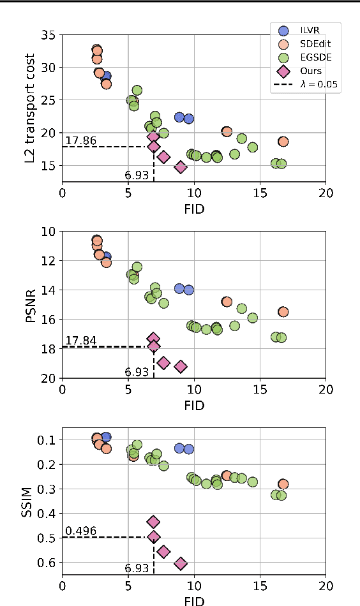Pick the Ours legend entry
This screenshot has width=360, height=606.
pyautogui.click(x=310, y=71)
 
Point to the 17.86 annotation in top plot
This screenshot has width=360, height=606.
pyautogui.click(x=80, y=140)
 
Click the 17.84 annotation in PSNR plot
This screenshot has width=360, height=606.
pyautogui.click(x=80, y=341)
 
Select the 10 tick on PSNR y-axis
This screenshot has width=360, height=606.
pyautogui.click(x=49, y=232)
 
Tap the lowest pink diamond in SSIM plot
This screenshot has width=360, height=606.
pyautogui.click(x=181, y=563)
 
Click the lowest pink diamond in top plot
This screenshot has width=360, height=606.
pyautogui.click(x=181, y=167)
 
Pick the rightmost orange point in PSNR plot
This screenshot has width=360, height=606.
pyautogui.click(x=283, y=312)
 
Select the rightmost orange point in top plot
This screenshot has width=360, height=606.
pyautogui.click(x=283, y=142)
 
